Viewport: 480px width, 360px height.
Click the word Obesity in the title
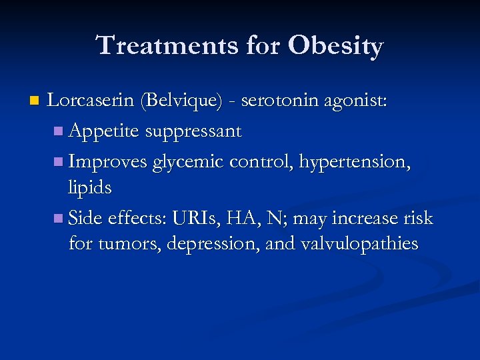[x=336, y=46]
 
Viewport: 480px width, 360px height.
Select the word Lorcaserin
[x=91, y=101]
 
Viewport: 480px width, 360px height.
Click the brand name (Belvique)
[x=181, y=101]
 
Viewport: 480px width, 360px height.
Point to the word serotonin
[x=281, y=101]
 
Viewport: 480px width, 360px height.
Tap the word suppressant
[x=193, y=131]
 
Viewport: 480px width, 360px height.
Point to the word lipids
[x=89, y=188]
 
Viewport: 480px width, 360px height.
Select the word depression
[x=211, y=244]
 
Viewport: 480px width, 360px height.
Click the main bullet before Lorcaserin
[x=34, y=102]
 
